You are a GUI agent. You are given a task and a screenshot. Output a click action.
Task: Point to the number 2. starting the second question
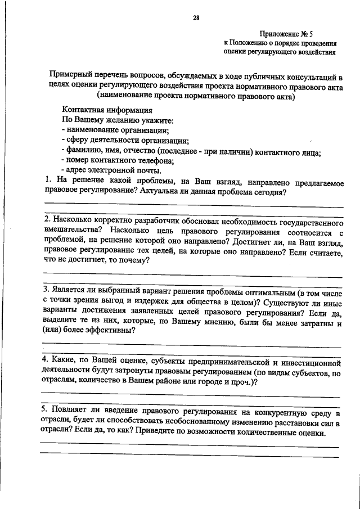coord(48,219)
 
